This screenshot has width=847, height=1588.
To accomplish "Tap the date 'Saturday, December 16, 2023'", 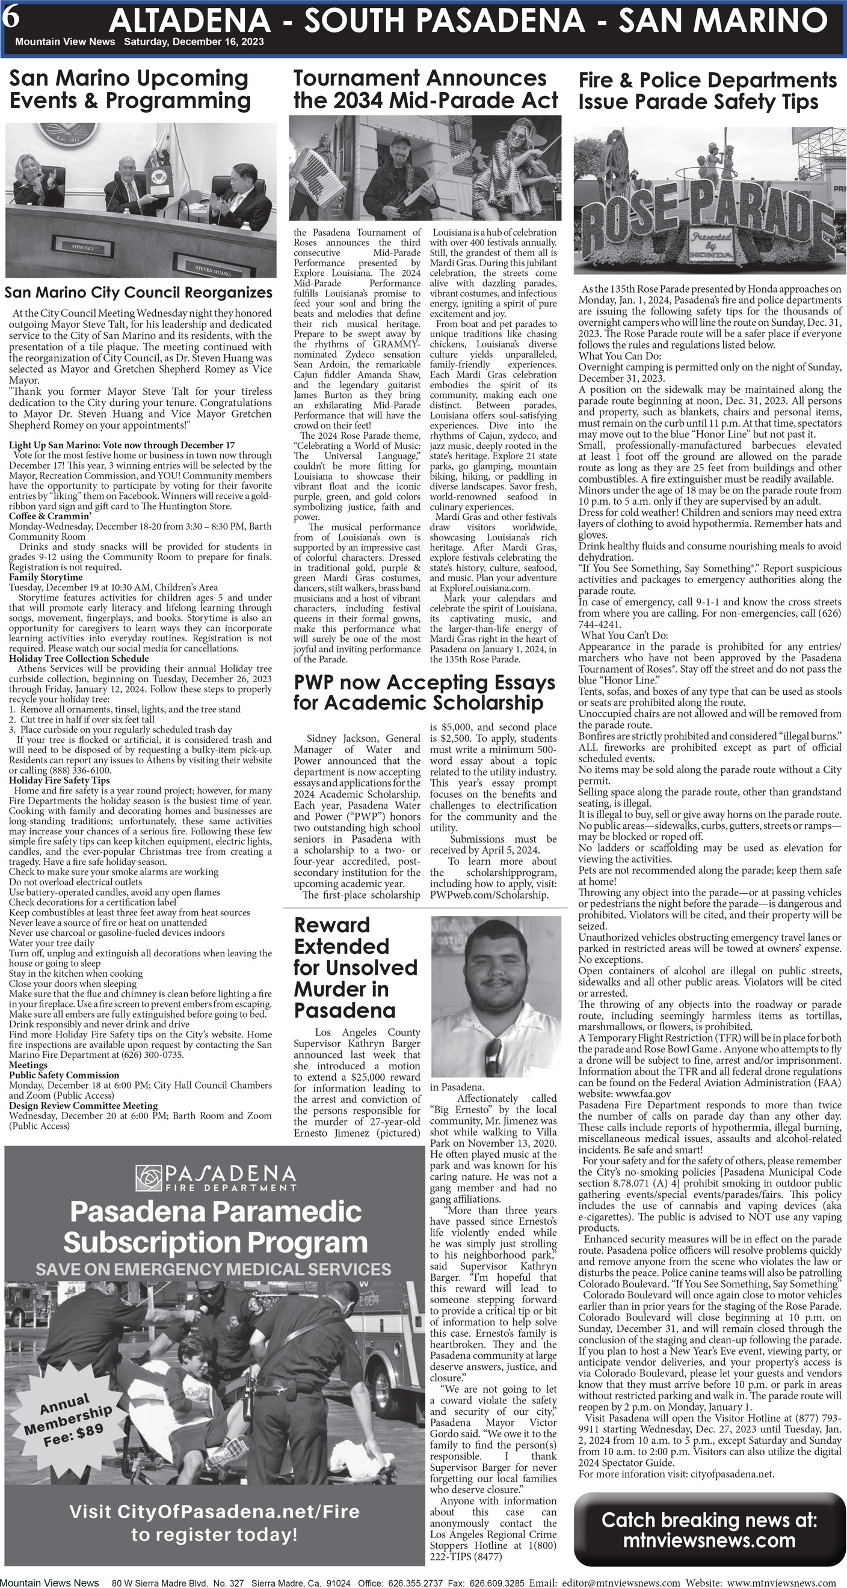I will tap(194, 42).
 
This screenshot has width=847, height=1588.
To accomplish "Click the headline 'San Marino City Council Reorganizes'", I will tap(138, 292).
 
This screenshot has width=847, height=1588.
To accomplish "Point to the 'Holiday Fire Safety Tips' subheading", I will tap(59, 780).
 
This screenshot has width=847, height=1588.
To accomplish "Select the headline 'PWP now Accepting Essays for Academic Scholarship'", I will tap(424, 692).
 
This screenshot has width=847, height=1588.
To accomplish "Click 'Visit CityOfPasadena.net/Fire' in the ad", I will tap(214, 1511).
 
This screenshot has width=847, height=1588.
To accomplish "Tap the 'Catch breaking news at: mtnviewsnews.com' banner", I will tap(709, 1530).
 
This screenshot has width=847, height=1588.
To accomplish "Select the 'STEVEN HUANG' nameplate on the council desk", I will tap(213, 269).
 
